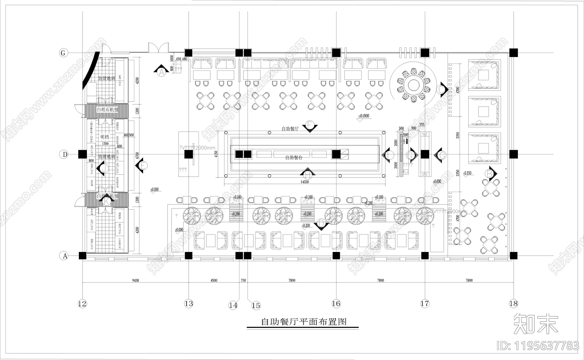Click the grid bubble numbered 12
(82, 303)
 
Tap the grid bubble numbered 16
(336, 303)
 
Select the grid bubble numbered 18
(513, 303)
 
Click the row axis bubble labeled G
(64, 53)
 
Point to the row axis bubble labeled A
(65, 256)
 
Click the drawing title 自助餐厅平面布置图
(303, 322)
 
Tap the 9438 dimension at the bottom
(135, 280)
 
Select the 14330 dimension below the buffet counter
(304, 181)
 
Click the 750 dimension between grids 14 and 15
(243, 280)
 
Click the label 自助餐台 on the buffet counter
(293, 158)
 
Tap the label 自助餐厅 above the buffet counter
(290, 129)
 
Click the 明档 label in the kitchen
(104, 137)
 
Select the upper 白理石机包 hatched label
(107, 110)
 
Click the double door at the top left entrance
(158, 48)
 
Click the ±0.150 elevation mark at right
(467, 173)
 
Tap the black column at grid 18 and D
(513, 154)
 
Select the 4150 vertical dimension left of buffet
(216, 154)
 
